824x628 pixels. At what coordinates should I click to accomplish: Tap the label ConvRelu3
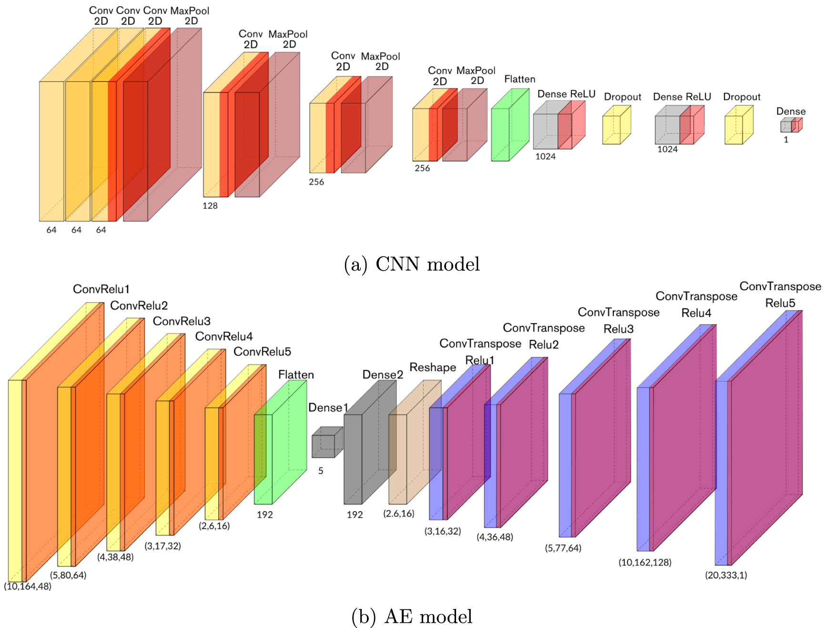pos(181,321)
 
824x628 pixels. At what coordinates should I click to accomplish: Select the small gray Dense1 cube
pos(326,443)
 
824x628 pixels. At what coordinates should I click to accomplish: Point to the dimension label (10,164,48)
pos(28,586)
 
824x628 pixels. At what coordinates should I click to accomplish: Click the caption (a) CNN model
pos(411,264)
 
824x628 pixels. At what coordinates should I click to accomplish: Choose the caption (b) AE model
pos(411,617)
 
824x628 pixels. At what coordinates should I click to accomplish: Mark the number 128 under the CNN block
pos(210,206)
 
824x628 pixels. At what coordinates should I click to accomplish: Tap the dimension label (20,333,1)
pos(726,575)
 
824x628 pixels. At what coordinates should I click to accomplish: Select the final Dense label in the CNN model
pos(791,111)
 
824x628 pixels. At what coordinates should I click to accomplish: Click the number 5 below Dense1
pos(321,471)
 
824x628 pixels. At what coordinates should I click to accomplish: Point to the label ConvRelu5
pos(262,352)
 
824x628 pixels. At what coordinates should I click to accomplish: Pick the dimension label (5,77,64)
pos(563,548)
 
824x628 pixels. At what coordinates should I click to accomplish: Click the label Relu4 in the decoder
pos(696,313)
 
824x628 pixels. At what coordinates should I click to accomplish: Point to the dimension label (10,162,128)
pos(644,562)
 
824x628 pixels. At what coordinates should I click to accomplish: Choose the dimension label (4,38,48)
pos(115,557)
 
